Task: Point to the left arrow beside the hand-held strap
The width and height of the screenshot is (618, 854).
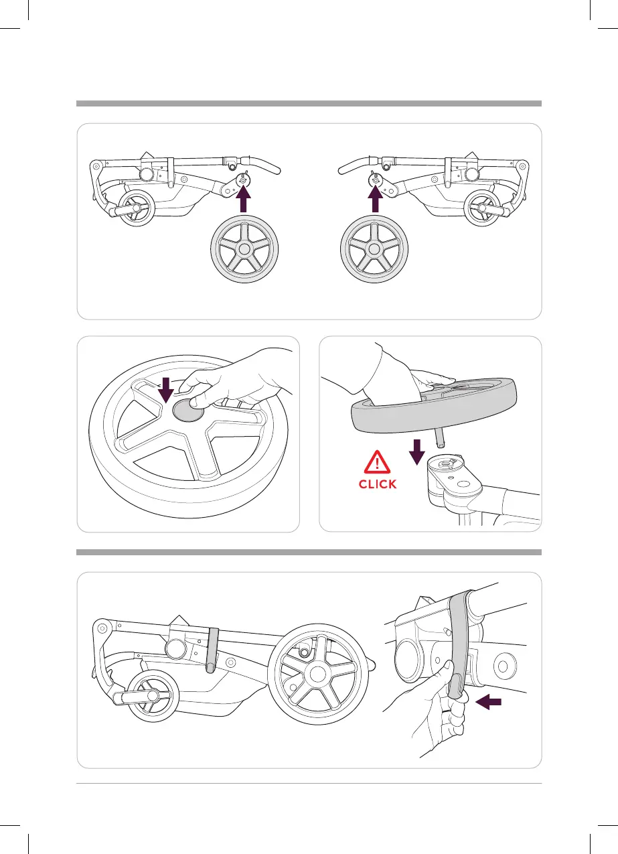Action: click(488, 702)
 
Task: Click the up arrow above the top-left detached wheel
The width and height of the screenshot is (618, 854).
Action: click(243, 200)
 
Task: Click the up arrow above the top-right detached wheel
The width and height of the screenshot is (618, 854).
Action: click(376, 200)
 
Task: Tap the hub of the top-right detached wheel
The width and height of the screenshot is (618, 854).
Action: click(376, 248)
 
